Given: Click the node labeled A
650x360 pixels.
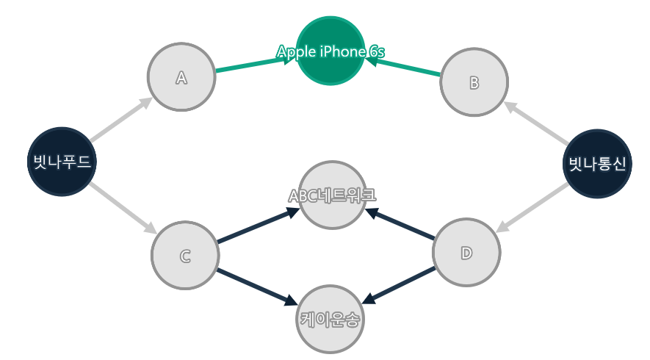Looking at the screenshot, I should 181,77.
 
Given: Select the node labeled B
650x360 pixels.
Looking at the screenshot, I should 474,82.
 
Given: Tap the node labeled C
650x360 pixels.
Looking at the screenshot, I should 185,255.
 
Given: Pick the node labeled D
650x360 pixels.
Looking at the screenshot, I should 466,253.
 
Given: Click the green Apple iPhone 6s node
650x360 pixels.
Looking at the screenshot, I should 331,51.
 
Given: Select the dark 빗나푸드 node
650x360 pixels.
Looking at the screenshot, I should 62,162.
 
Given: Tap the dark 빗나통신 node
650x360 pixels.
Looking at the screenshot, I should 597,163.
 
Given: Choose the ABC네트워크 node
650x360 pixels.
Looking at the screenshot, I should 332,195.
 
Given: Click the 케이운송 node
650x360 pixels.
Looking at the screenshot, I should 331,319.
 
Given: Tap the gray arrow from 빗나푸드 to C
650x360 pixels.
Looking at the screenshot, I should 122,208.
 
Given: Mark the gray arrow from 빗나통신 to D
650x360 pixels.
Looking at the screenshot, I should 533,206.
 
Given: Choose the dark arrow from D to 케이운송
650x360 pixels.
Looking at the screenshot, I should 400,284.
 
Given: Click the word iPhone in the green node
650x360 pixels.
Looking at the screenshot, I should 344,51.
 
